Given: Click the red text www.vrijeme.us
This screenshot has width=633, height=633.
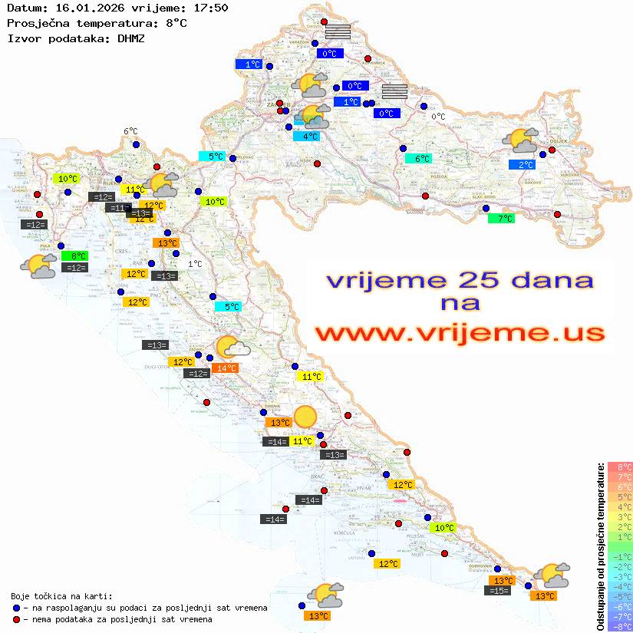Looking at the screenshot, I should coord(459,332).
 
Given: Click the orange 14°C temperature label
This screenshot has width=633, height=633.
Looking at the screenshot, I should coord(226,368).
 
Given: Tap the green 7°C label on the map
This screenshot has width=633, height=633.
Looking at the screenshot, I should coord(501,219).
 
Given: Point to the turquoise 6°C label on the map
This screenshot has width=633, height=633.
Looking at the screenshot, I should coord(418,159).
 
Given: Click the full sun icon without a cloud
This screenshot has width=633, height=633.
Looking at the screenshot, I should coord(305,417).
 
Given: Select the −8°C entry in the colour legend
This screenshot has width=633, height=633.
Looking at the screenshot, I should coord(620,626).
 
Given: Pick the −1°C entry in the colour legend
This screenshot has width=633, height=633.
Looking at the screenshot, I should coord(620,556).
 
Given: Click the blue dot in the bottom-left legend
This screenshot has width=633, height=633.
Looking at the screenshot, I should coord(16,607).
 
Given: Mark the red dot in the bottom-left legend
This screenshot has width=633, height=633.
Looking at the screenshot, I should coord(16,618).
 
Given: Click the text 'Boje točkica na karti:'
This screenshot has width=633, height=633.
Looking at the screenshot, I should coord(61,595).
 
